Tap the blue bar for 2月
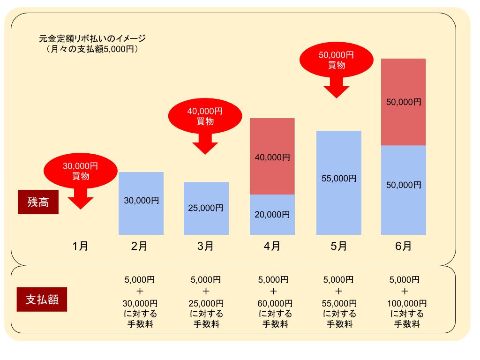coord(141,203)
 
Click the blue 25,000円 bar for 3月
coord(206,208)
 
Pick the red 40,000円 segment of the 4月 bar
coord(272,157)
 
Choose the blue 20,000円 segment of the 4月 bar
coord(272,215)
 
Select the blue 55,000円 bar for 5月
coord(339,182)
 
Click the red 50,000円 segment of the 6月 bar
coord(404,102)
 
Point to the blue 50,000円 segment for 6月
coord(404,190)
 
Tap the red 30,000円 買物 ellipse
coord(81,171)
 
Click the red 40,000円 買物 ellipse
coord(205,116)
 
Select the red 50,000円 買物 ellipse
coord(336,60)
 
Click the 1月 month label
coord(81,246)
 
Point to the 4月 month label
coord(272,246)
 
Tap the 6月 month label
coord(403,246)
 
